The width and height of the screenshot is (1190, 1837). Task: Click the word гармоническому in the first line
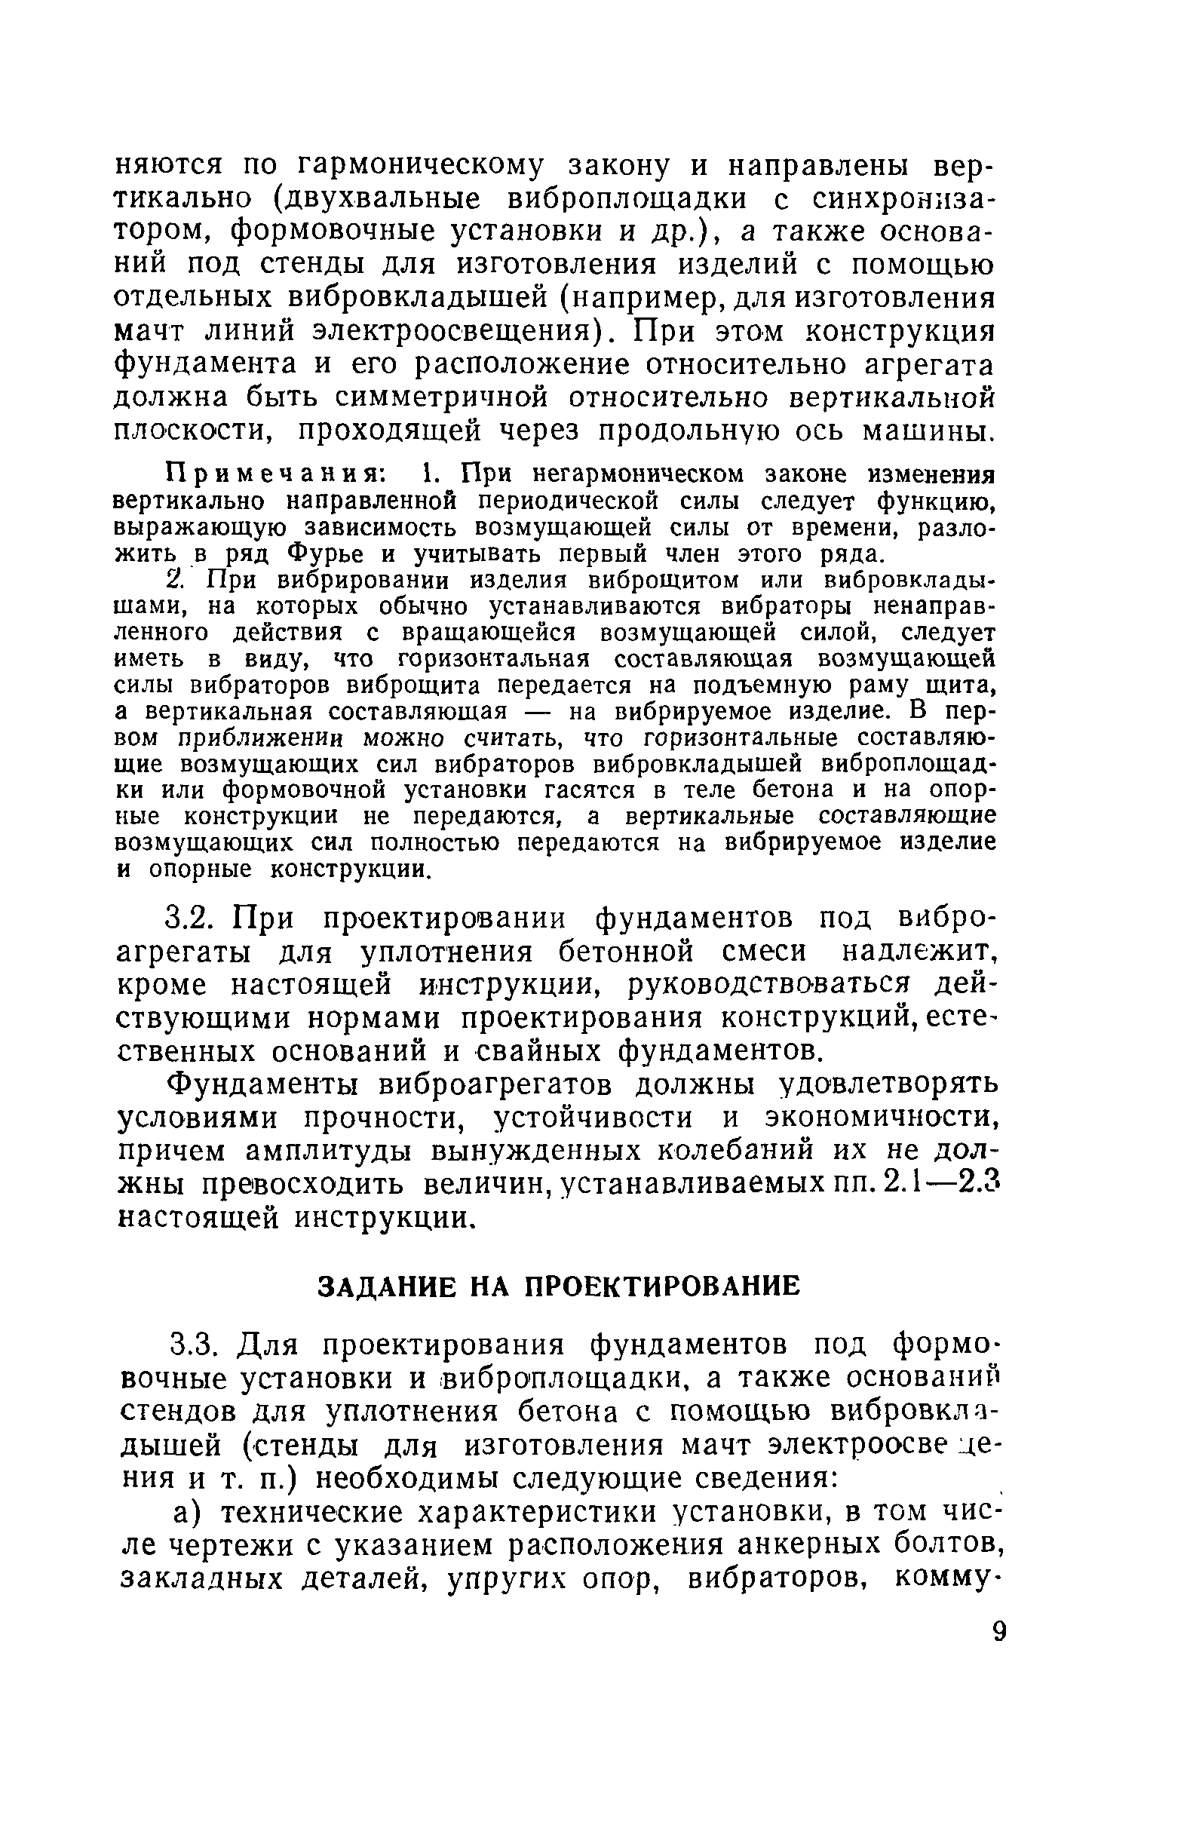[x=421, y=165]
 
